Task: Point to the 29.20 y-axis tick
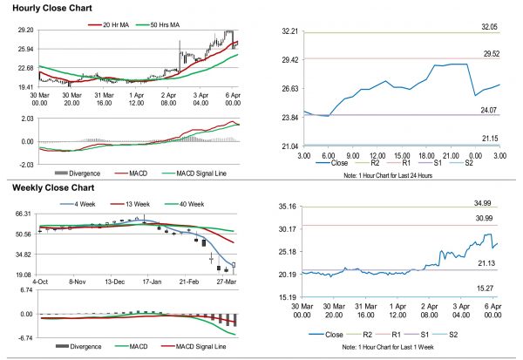tap(25, 30)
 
